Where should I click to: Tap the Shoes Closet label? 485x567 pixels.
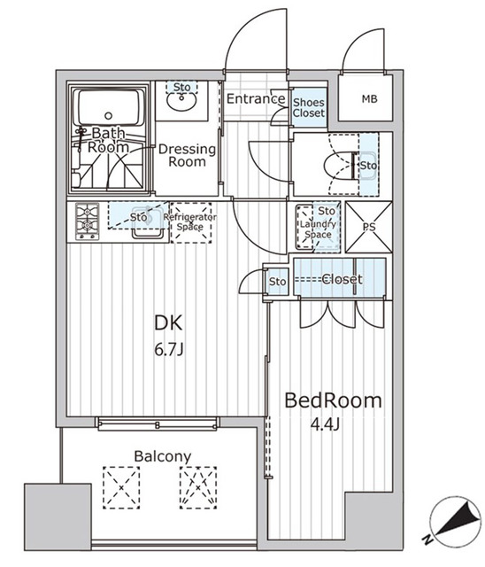coord(309,107)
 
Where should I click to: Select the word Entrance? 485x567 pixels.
coord(256,99)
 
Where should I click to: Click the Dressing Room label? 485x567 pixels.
coord(187,156)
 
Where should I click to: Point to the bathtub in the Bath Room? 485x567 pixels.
coord(110,111)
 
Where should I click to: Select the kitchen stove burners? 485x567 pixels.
coord(88,221)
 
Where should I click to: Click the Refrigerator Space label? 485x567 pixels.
coord(190,221)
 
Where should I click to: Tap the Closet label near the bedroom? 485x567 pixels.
coord(341,279)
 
